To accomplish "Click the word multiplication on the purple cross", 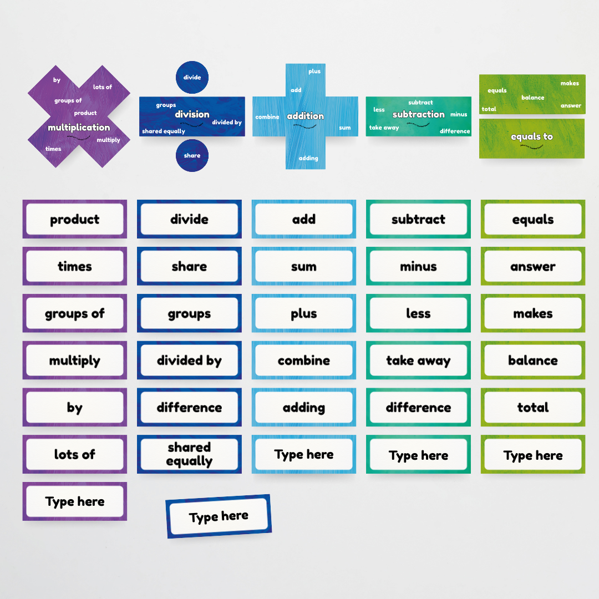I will click(x=79, y=128).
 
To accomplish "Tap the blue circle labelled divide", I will click(x=192, y=77).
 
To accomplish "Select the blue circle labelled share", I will click(x=192, y=155).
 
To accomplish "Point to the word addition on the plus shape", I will click(x=305, y=116).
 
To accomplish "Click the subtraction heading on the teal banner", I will click(x=418, y=114).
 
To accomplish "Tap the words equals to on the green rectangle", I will click(x=531, y=136).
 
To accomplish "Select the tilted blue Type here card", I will click(x=219, y=516).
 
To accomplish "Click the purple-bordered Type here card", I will click(x=75, y=501).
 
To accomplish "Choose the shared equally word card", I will click(x=189, y=454).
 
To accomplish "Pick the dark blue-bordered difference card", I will click(x=189, y=408).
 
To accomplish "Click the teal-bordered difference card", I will click(x=418, y=408).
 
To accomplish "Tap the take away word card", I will click(x=418, y=361).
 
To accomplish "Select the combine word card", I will click(x=303, y=361).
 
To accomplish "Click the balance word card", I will click(x=532, y=361).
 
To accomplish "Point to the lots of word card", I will click(x=75, y=454).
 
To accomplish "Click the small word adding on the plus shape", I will click(x=308, y=158).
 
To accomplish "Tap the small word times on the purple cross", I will click(x=53, y=149).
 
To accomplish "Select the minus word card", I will click(x=418, y=266).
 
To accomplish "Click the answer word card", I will click(x=532, y=266).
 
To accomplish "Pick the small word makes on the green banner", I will click(x=570, y=83).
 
